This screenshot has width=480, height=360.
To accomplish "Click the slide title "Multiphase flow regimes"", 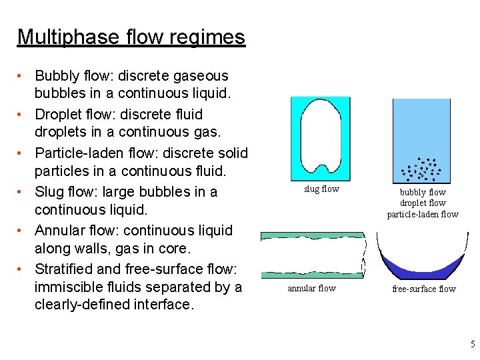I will [x=131, y=37].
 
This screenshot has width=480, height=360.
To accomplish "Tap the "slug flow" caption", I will [x=321, y=189].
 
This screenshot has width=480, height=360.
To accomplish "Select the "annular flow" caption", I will [x=311, y=288].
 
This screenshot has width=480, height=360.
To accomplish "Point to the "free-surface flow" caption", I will [x=423, y=289].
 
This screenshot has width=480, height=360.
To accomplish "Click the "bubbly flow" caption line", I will [x=423, y=192].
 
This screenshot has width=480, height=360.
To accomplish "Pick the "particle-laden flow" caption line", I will [x=423, y=214].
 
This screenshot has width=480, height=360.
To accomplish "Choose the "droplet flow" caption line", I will [x=423, y=203].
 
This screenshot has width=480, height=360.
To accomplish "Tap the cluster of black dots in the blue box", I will [x=421, y=170].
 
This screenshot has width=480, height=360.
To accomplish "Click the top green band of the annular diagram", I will [x=311, y=236].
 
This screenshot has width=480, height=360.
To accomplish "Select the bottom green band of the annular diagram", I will [x=311, y=274].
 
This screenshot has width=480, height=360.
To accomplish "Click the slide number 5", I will [x=473, y=344].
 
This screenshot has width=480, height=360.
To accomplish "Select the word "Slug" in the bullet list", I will [x=49, y=192].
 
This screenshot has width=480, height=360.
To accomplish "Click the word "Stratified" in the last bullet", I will [x=67, y=269].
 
